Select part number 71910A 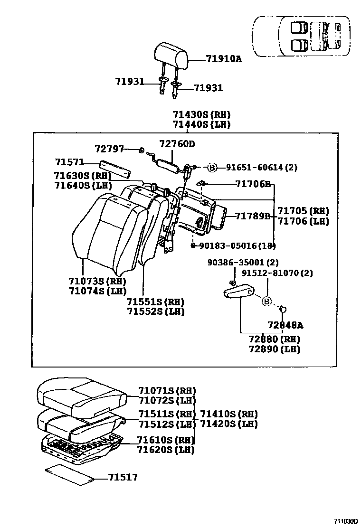224,59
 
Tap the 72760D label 177,143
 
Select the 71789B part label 252,216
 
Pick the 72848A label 285,325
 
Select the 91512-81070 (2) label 276,273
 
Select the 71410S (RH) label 229,414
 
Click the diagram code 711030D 344,521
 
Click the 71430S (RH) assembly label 201,114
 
